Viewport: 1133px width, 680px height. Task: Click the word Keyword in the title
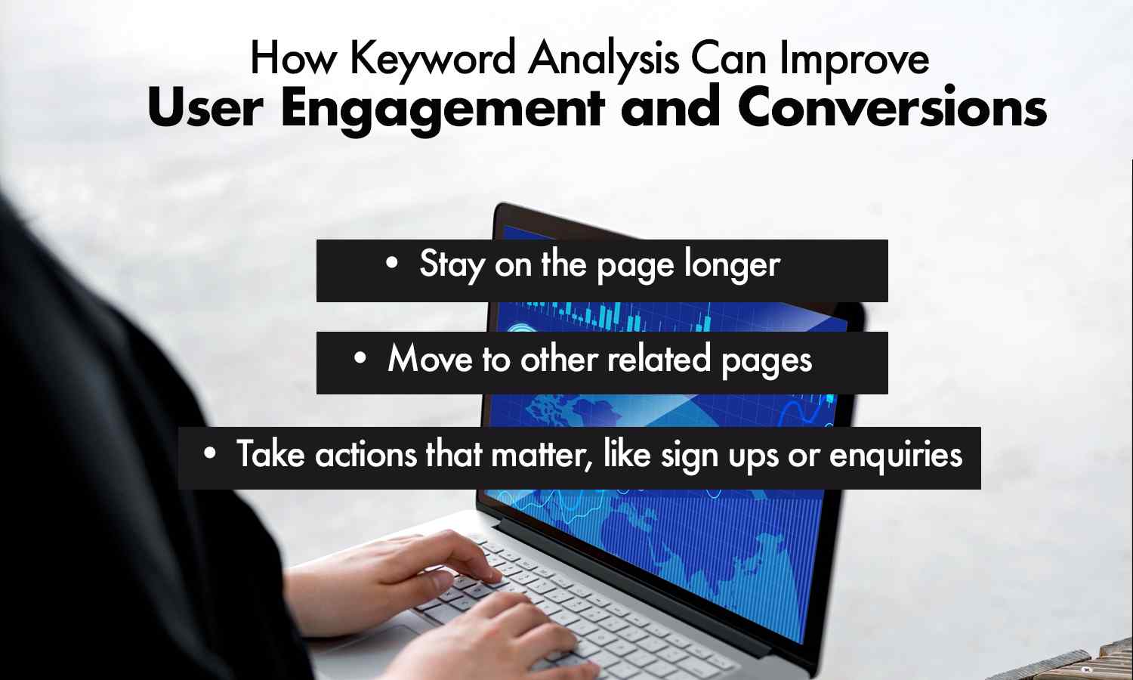(x=433, y=59)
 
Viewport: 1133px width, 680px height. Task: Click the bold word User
(x=205, y=107)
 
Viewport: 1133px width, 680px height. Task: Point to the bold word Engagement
(x=443, y=109)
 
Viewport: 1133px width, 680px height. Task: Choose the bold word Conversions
(x=892, y=107)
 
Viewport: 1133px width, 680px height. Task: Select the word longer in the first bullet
(x=732, y=265)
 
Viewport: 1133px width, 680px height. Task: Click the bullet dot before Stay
(x=391, y=264)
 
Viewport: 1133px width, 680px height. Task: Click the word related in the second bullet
(x=659, y=359)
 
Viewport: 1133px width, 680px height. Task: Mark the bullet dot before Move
(x=360, y=358)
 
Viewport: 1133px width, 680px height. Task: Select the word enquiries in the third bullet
(x=896, y=456)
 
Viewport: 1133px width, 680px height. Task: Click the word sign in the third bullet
(x=690, y=456)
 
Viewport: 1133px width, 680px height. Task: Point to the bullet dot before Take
(x=210, y=453)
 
